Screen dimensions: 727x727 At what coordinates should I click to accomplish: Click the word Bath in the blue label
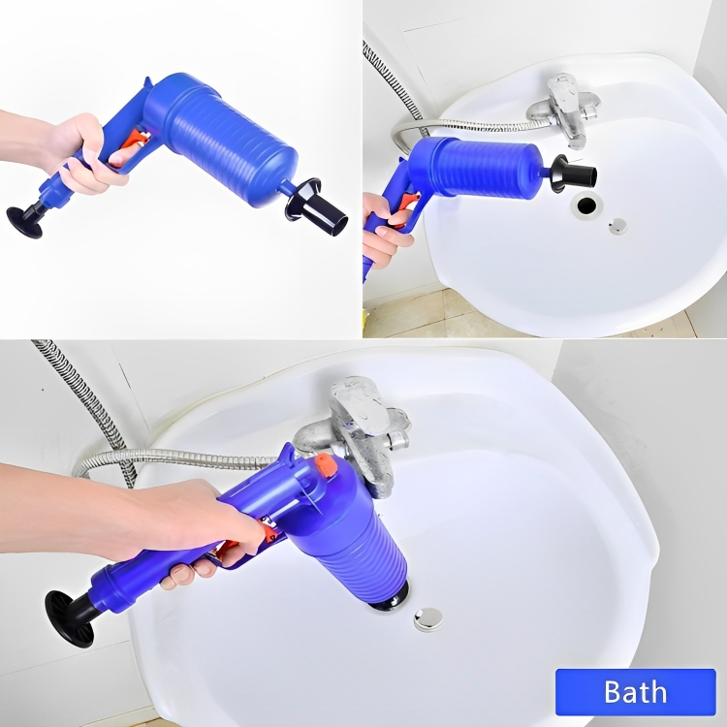[x=635, y=692]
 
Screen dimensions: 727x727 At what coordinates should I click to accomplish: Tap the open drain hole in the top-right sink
[x=586, y=205]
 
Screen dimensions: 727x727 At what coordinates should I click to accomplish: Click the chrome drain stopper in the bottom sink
[x=427, y=619]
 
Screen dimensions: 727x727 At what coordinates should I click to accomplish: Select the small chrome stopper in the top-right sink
[x=617, y=226]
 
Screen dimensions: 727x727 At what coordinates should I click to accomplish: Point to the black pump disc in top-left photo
[x=24, y=223]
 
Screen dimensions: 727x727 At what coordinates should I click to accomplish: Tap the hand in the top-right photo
[x=384, y=230]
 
